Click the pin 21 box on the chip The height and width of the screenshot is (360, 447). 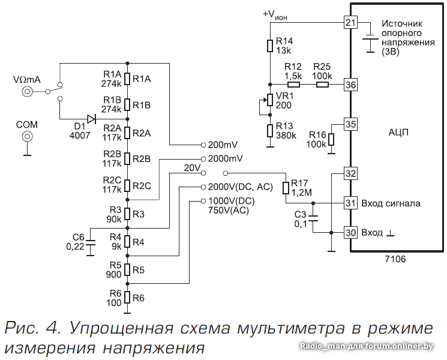coord(350,23)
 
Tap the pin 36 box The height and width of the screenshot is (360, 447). coord(350,85)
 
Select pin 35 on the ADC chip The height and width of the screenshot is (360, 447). coord(350,124)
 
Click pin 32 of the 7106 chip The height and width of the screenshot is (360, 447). coord(350,173)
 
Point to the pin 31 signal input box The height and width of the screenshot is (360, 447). coord(350,203)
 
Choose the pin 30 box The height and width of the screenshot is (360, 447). coord(350,232)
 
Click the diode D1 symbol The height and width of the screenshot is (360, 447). coord(91,119)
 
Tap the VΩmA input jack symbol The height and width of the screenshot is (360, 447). coord(27,92)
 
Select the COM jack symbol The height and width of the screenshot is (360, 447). coord(27,137)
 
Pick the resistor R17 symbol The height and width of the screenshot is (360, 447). coord(286,188)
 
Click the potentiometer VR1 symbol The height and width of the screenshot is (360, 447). coord(270,100)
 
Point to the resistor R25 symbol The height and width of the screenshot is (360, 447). coord(322,85)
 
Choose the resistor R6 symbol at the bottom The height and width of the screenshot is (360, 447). coord(127,298)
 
